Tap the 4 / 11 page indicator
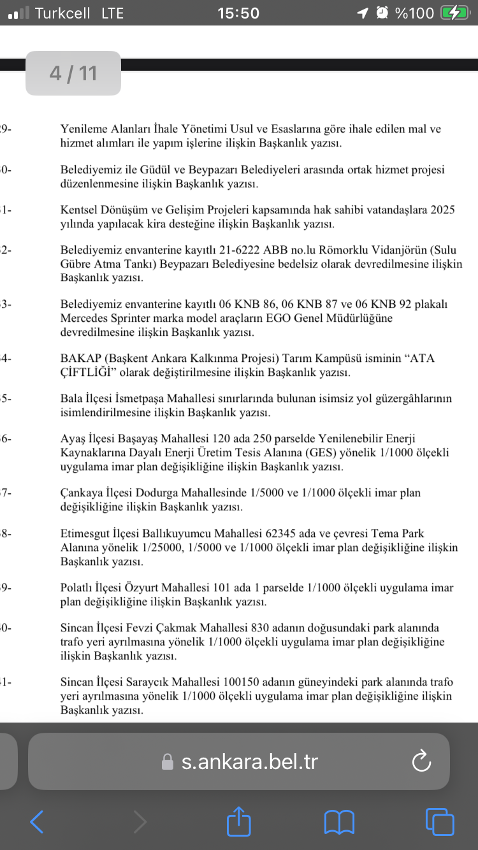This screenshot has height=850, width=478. click(x=73, y=73)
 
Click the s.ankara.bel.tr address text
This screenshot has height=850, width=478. click(x=250, y=761)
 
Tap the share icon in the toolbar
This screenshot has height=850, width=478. click(x=239, y=821)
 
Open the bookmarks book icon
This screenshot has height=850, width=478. click(x=339, y=822)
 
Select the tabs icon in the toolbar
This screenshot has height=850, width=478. click(x=439, y=821)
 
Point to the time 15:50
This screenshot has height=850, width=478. click(x=238, y=13)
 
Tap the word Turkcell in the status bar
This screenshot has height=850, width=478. click(x=62, y=13)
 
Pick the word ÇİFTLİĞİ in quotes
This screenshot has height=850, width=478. click(x=89, y=372)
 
